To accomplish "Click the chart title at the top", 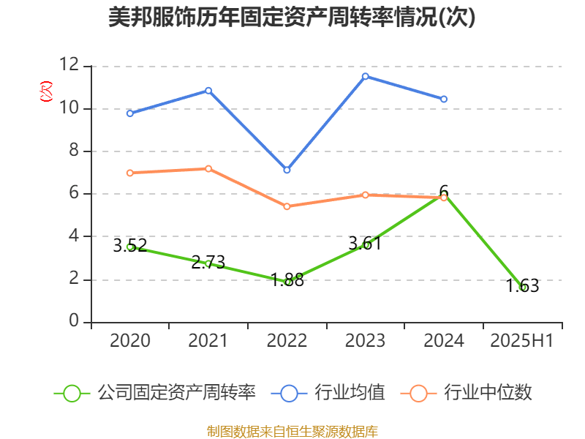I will pyautogui.click(x=292, y=18).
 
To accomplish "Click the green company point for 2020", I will pyautogui.click(x=130, y=247).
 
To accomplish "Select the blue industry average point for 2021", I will pyautogui.click(x=208, y=90).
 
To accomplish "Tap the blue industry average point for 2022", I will pyautogui.click(x=287, y=170).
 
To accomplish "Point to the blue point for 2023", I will pyautogui.click(x=366, y=75).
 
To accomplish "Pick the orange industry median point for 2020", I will pyautogui.click(x=130, y=173).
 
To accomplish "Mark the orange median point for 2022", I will pyautogui.click(x=287, y=206).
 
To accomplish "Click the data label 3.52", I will pyautogui.click(x=130, y=245).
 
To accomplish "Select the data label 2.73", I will pyautogui.click(x=208, y=262).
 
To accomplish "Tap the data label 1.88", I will pyautogui.click(x=287, y=279).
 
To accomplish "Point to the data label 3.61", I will pyautogui.click(x=365, y=243).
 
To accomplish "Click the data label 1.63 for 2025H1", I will pyautogui.click(x=522, y=285).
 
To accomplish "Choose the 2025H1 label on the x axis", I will pyautogui.click(x=522, y=341).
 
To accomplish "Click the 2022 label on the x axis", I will pyautogui.click(x=287, y=341).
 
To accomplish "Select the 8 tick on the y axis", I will pyautogui.click(x=74, y=151).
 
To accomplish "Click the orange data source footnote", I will pyautogui.click(x=292, y=431).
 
